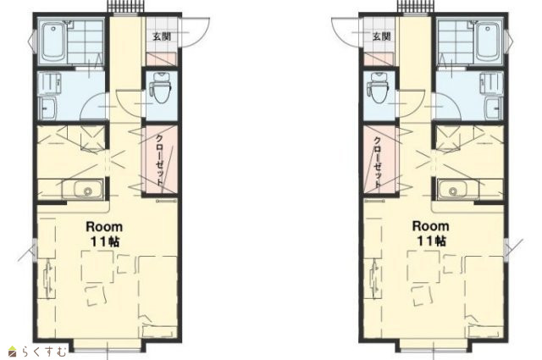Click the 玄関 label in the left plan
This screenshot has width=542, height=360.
pyautogui.click(x=162, y=36)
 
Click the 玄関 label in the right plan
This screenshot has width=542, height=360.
pyautogui.click(x=382, y=36)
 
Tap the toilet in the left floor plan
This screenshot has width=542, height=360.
pyautogui.click(x=162, y=87)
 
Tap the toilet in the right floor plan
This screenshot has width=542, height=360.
pyautogui.click(x=379, y=87)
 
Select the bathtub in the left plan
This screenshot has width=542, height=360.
pyautogui.click(x=53, y=42)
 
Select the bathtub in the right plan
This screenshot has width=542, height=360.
pyautogui.click(x=488, y=42)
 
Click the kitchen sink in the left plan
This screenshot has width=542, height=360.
pyautogui.click(x=83, y=189)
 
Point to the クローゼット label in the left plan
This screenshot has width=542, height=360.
pyautogui.click(x=159, y=159)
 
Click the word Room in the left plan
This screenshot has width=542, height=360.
pyautogui.click(x=104, y=227)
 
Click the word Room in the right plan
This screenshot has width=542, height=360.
pyautogui.click(x=431, y=226)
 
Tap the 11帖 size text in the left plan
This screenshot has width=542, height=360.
pyautogui.click(x=105, y=241)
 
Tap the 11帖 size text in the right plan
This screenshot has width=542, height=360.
pyautogui.click(x=431, y=241)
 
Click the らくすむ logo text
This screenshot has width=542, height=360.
pyautogui.click(x=44, y=352)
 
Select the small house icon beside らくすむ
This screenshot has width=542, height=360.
pyautogui.click(x=13, y=352)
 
